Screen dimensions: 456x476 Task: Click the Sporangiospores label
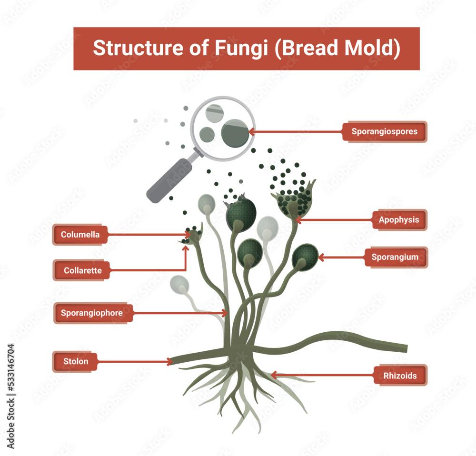[384, 131]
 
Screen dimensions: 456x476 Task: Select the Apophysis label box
[399, 220]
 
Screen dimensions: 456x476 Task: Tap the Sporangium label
[395, 257]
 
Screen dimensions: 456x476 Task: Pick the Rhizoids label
[400, 376]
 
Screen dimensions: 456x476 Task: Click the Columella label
[80, 234]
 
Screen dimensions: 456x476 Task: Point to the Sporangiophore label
[92, 313]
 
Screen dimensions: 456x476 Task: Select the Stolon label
[76, 361]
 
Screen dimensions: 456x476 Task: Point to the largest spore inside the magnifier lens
[235, 132]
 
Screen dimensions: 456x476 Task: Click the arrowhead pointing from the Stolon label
[169, 362]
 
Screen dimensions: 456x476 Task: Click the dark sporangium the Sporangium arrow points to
[305, 257]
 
